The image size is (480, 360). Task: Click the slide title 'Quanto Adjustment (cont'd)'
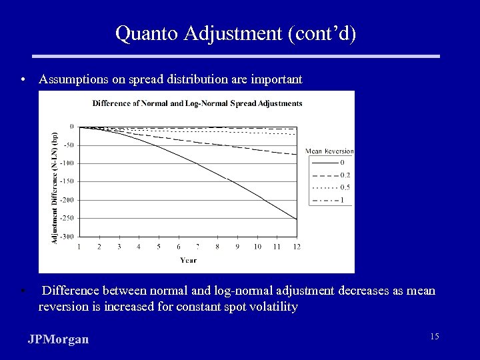[x=235, y=33]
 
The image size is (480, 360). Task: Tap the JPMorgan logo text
[x=58, y=339]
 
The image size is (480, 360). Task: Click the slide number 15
[x=434, y=337]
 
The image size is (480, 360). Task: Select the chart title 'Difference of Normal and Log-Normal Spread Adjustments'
[x=197, y=103]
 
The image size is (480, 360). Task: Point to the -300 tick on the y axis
[x=67, y=237]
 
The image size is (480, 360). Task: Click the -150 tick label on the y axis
[x=67, y=181]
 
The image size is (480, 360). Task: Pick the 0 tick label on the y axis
[x=72, y=126]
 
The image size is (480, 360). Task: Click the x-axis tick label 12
[x=296, y=247]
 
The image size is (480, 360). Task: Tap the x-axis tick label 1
[x=79, y=247]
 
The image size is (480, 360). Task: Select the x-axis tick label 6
[x=178, y=247]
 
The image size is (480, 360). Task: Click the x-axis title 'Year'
[x=187, y=260]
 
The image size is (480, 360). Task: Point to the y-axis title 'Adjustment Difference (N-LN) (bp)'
[x=55, y=186]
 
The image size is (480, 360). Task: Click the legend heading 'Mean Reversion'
[x=329, y=151]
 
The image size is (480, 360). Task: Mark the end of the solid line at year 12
[x=297, y=219]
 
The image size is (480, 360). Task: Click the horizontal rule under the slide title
[x=240, y=57]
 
